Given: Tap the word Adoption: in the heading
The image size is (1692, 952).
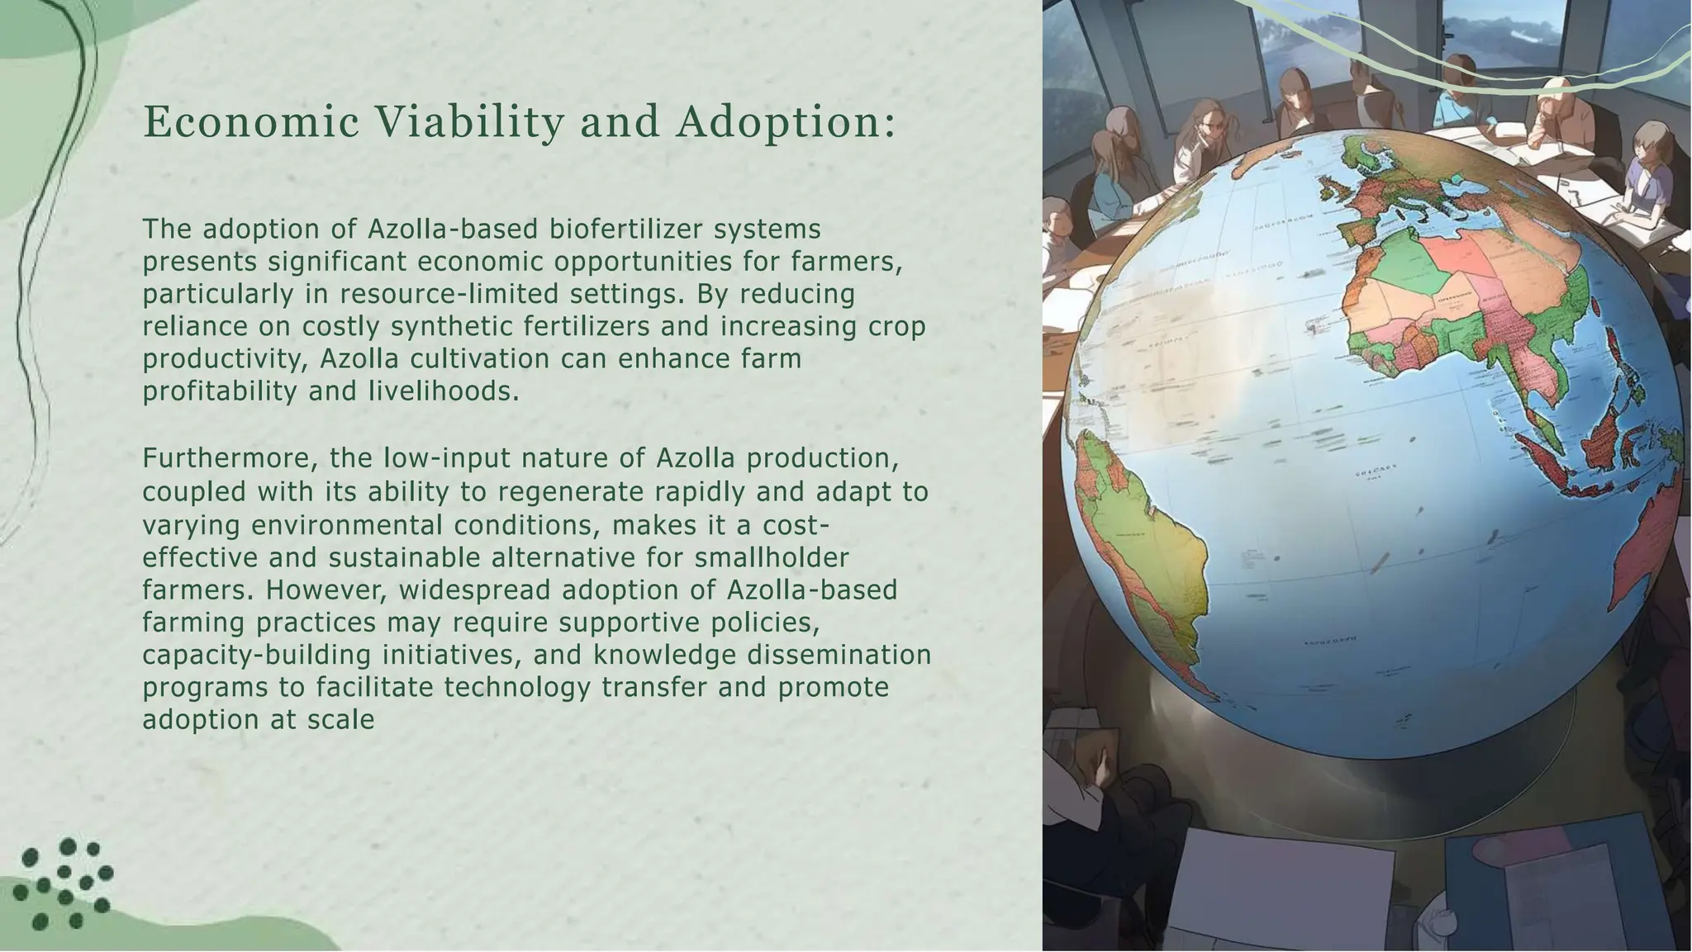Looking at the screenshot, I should tap(786, 122).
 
